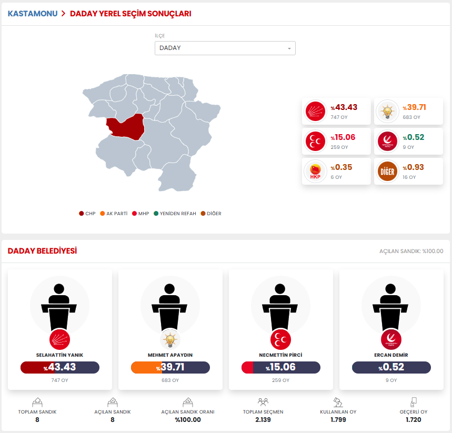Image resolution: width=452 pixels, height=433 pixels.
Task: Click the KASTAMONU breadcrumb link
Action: coord(33,14)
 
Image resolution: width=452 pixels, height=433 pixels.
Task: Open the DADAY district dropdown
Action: coord(225,48)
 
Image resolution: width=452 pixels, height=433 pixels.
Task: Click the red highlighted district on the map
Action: coord(127,127)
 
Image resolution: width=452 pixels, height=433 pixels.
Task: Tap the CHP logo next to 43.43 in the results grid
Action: coord(316,111)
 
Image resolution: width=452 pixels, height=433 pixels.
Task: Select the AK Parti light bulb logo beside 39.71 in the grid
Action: coord(387,111)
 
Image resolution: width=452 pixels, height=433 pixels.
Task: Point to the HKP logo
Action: coord(316,172)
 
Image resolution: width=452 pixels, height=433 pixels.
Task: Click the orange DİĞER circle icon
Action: coord(387,172)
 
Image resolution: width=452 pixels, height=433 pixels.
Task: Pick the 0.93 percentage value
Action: coord(414,167)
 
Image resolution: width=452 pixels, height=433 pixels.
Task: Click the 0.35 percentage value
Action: coord(343,167)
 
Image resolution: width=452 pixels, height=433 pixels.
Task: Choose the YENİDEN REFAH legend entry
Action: coord(175,214)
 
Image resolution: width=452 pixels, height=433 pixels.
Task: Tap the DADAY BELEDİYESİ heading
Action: coord(42,251)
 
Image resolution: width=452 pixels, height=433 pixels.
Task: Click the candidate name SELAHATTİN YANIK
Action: coord(59,355)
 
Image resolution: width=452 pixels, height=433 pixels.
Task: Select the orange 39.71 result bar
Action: coord(170,367)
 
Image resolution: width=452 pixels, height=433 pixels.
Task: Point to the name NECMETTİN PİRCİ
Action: coord(280,355)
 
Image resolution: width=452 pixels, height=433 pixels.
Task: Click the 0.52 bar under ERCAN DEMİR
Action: coord(391,367)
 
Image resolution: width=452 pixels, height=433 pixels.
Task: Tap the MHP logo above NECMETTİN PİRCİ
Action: coord(280,339)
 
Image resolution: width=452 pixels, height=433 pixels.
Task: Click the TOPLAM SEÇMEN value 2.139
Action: coord(263,420)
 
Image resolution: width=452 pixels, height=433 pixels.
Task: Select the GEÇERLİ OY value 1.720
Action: coord(413,420)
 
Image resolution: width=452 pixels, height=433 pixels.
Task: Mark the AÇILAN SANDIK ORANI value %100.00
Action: coord(188,420)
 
